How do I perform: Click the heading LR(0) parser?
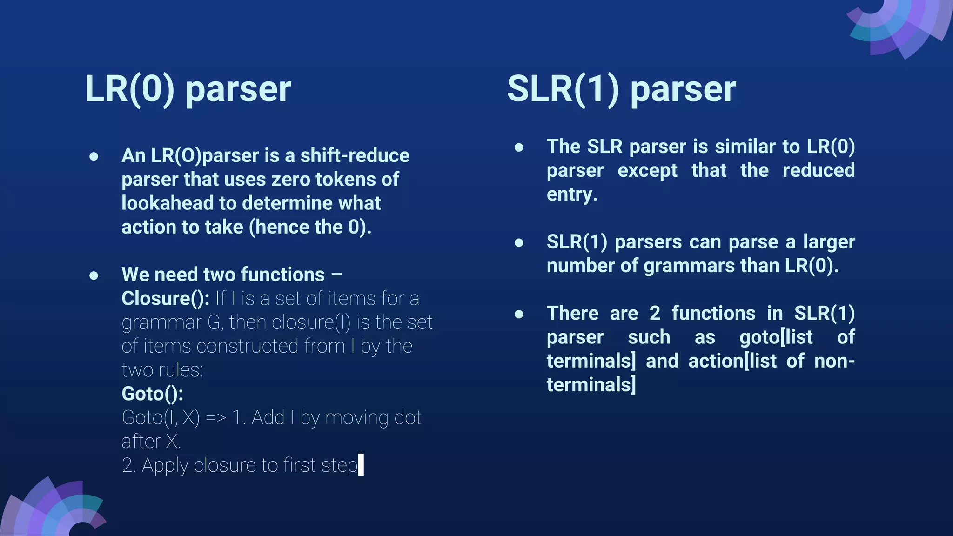point(188,89)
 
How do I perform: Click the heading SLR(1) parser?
point(621,89)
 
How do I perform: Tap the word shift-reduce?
point(355,155)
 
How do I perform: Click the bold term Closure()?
point(165,299)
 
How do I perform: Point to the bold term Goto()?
point(152,394)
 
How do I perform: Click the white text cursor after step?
point(361,465)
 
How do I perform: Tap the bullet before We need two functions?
point(94,275)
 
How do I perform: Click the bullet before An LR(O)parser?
point(94,156)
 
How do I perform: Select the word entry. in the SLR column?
point(572,194)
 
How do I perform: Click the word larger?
point(829,242)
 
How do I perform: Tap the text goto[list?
point(776,337)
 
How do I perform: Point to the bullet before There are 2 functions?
point(519,314)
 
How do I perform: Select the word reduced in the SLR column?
point(818,171)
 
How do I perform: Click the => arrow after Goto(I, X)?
point(216,418)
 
